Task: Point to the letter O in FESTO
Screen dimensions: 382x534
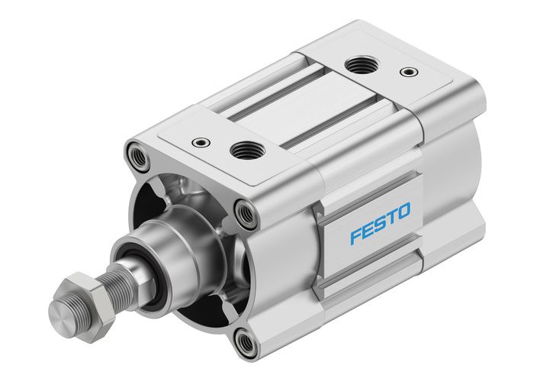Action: [x=404, y=212]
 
